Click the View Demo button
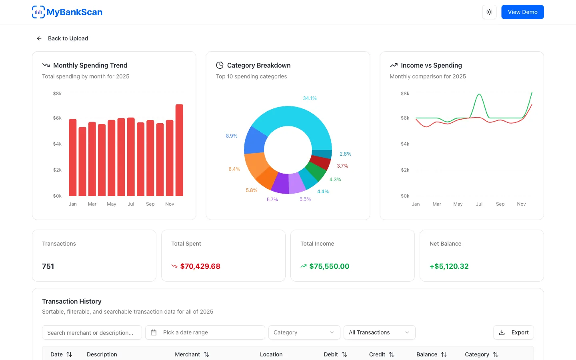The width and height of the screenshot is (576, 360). point(522,12)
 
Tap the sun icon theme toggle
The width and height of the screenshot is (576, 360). point(489,12)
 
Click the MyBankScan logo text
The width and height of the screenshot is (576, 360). point(74,12)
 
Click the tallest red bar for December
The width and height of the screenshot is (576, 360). point(179,150)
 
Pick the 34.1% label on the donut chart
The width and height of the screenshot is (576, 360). point(310,98)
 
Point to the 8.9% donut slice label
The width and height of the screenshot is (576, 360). point(232,136)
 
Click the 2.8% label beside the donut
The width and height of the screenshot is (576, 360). point(345,154)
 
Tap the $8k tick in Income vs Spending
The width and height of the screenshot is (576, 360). point(405,93)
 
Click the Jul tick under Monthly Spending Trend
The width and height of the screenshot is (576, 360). point(131,204)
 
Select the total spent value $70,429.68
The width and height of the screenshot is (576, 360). point(200,266)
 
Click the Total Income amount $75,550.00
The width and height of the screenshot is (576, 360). point(329,266)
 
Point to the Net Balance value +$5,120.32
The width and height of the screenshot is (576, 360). point(449,266)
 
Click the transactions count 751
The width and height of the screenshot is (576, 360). point(48,266)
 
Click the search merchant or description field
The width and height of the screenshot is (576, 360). point(92,332)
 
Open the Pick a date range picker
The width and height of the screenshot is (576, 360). point(205,332)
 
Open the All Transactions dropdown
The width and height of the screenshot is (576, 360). point(379,332)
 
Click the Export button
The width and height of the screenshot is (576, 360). point(514,332)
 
